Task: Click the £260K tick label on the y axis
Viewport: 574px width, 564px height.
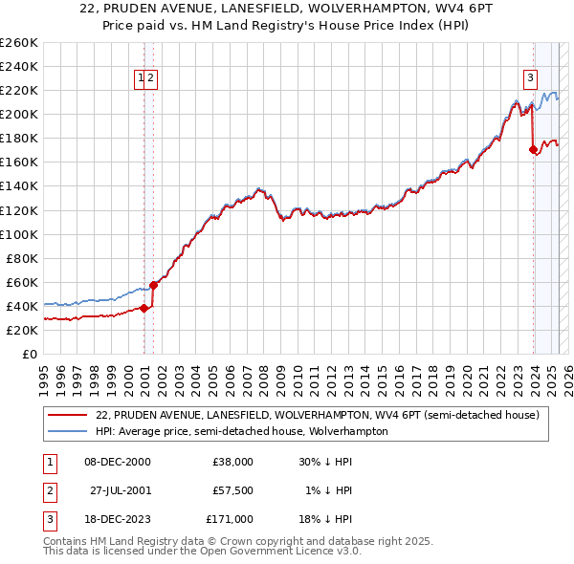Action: (18, 43)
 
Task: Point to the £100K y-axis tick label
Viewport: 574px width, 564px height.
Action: (18, 234)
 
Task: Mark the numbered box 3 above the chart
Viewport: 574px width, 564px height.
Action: (529, 79)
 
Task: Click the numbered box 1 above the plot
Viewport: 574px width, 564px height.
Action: (141, 79)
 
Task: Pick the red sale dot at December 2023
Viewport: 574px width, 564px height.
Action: (533, 149)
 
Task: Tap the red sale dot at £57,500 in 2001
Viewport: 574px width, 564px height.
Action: (154, 284)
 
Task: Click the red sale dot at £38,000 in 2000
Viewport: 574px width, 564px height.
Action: (143, 308)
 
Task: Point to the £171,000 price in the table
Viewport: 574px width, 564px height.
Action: (231, 519)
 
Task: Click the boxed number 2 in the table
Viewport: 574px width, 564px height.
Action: (49, 490)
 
